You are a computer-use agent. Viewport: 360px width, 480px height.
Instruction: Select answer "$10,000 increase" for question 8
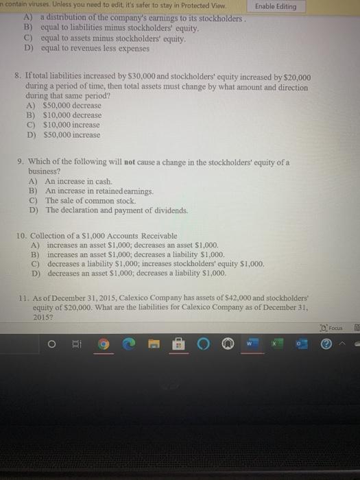tap(71, 125)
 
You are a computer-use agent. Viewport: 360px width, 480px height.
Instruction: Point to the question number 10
tap(21, 236)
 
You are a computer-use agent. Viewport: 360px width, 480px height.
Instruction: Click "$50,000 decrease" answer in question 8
tap(72, 106)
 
